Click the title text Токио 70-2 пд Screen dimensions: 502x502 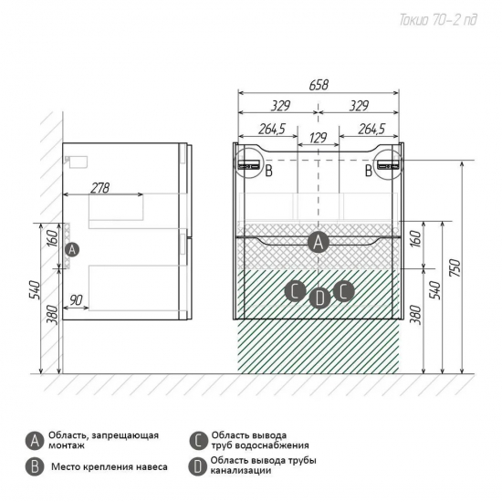coord(438,20)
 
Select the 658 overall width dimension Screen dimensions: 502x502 coord(319,85)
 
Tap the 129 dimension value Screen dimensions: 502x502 coord(319,138)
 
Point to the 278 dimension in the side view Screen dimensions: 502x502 coord(99,188)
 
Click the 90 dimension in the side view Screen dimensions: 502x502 coord(76,300)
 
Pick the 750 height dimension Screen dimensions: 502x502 coord(455,267)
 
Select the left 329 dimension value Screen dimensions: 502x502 coord(280,106)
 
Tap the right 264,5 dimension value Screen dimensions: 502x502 coord(371,129)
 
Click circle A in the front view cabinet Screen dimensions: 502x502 coord(319,243)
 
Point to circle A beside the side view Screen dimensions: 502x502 coord(72,249)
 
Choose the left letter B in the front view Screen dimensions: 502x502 coord(269,171)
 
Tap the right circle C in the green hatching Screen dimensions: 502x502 coord(343,291)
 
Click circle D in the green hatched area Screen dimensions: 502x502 coord(319,298)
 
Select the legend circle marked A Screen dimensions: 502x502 coord(35,441)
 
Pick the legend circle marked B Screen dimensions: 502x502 coord(35,466)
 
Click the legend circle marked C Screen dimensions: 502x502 coord(198,441)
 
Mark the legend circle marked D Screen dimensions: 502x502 coord(197,466)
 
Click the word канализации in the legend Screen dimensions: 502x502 coord(241,471)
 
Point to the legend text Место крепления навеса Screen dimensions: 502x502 coord(110,466)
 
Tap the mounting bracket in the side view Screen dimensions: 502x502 coord(77,162)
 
